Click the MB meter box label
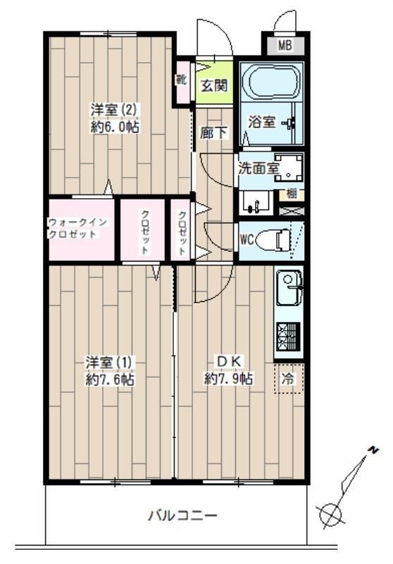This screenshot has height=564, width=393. (285, 47)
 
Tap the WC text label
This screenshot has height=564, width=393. (247, 239)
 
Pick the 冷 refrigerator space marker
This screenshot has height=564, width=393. (287, 379)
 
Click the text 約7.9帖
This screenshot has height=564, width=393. (229, 379)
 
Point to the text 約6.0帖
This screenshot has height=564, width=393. (114, 128)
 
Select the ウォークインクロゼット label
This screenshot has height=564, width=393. (77, 228)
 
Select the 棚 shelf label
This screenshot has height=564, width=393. (290, 193)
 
